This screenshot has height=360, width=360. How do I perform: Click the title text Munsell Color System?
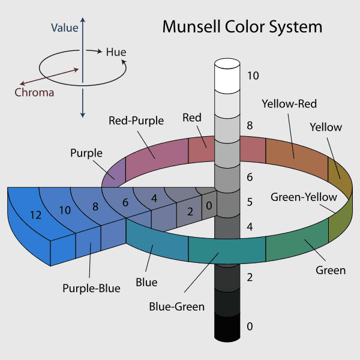pyautogui.click(x=242, y=28)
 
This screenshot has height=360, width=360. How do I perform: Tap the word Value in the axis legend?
pyautogui.click(x=64, y=28)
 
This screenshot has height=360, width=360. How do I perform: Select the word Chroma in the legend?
pyautogui.click(x=34, y=92)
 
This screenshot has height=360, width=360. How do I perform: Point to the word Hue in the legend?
pyautogui.click(x=116, y=52)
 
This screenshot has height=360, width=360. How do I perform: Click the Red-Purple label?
pyautogui.click(x=136, y=121)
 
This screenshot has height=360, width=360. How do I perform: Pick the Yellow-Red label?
pyautogui.click(x=289, y=104)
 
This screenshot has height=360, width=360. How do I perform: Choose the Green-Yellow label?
pyautogui.click(x=304, y=197)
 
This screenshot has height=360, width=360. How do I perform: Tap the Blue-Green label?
pyautogui.click(x=177, y=307)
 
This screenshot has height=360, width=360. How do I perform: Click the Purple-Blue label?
pyautogui.click(x=91, y=288)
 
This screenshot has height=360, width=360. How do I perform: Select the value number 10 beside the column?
pyautogui.click(x=253, y=76)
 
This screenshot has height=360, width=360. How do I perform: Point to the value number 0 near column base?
pyautogui.click(x=250, y=326)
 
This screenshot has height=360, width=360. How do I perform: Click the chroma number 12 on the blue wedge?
pyautogui.click(x=35, y=215)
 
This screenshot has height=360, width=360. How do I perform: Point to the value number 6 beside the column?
pyautogui.click(x=250, y=177)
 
